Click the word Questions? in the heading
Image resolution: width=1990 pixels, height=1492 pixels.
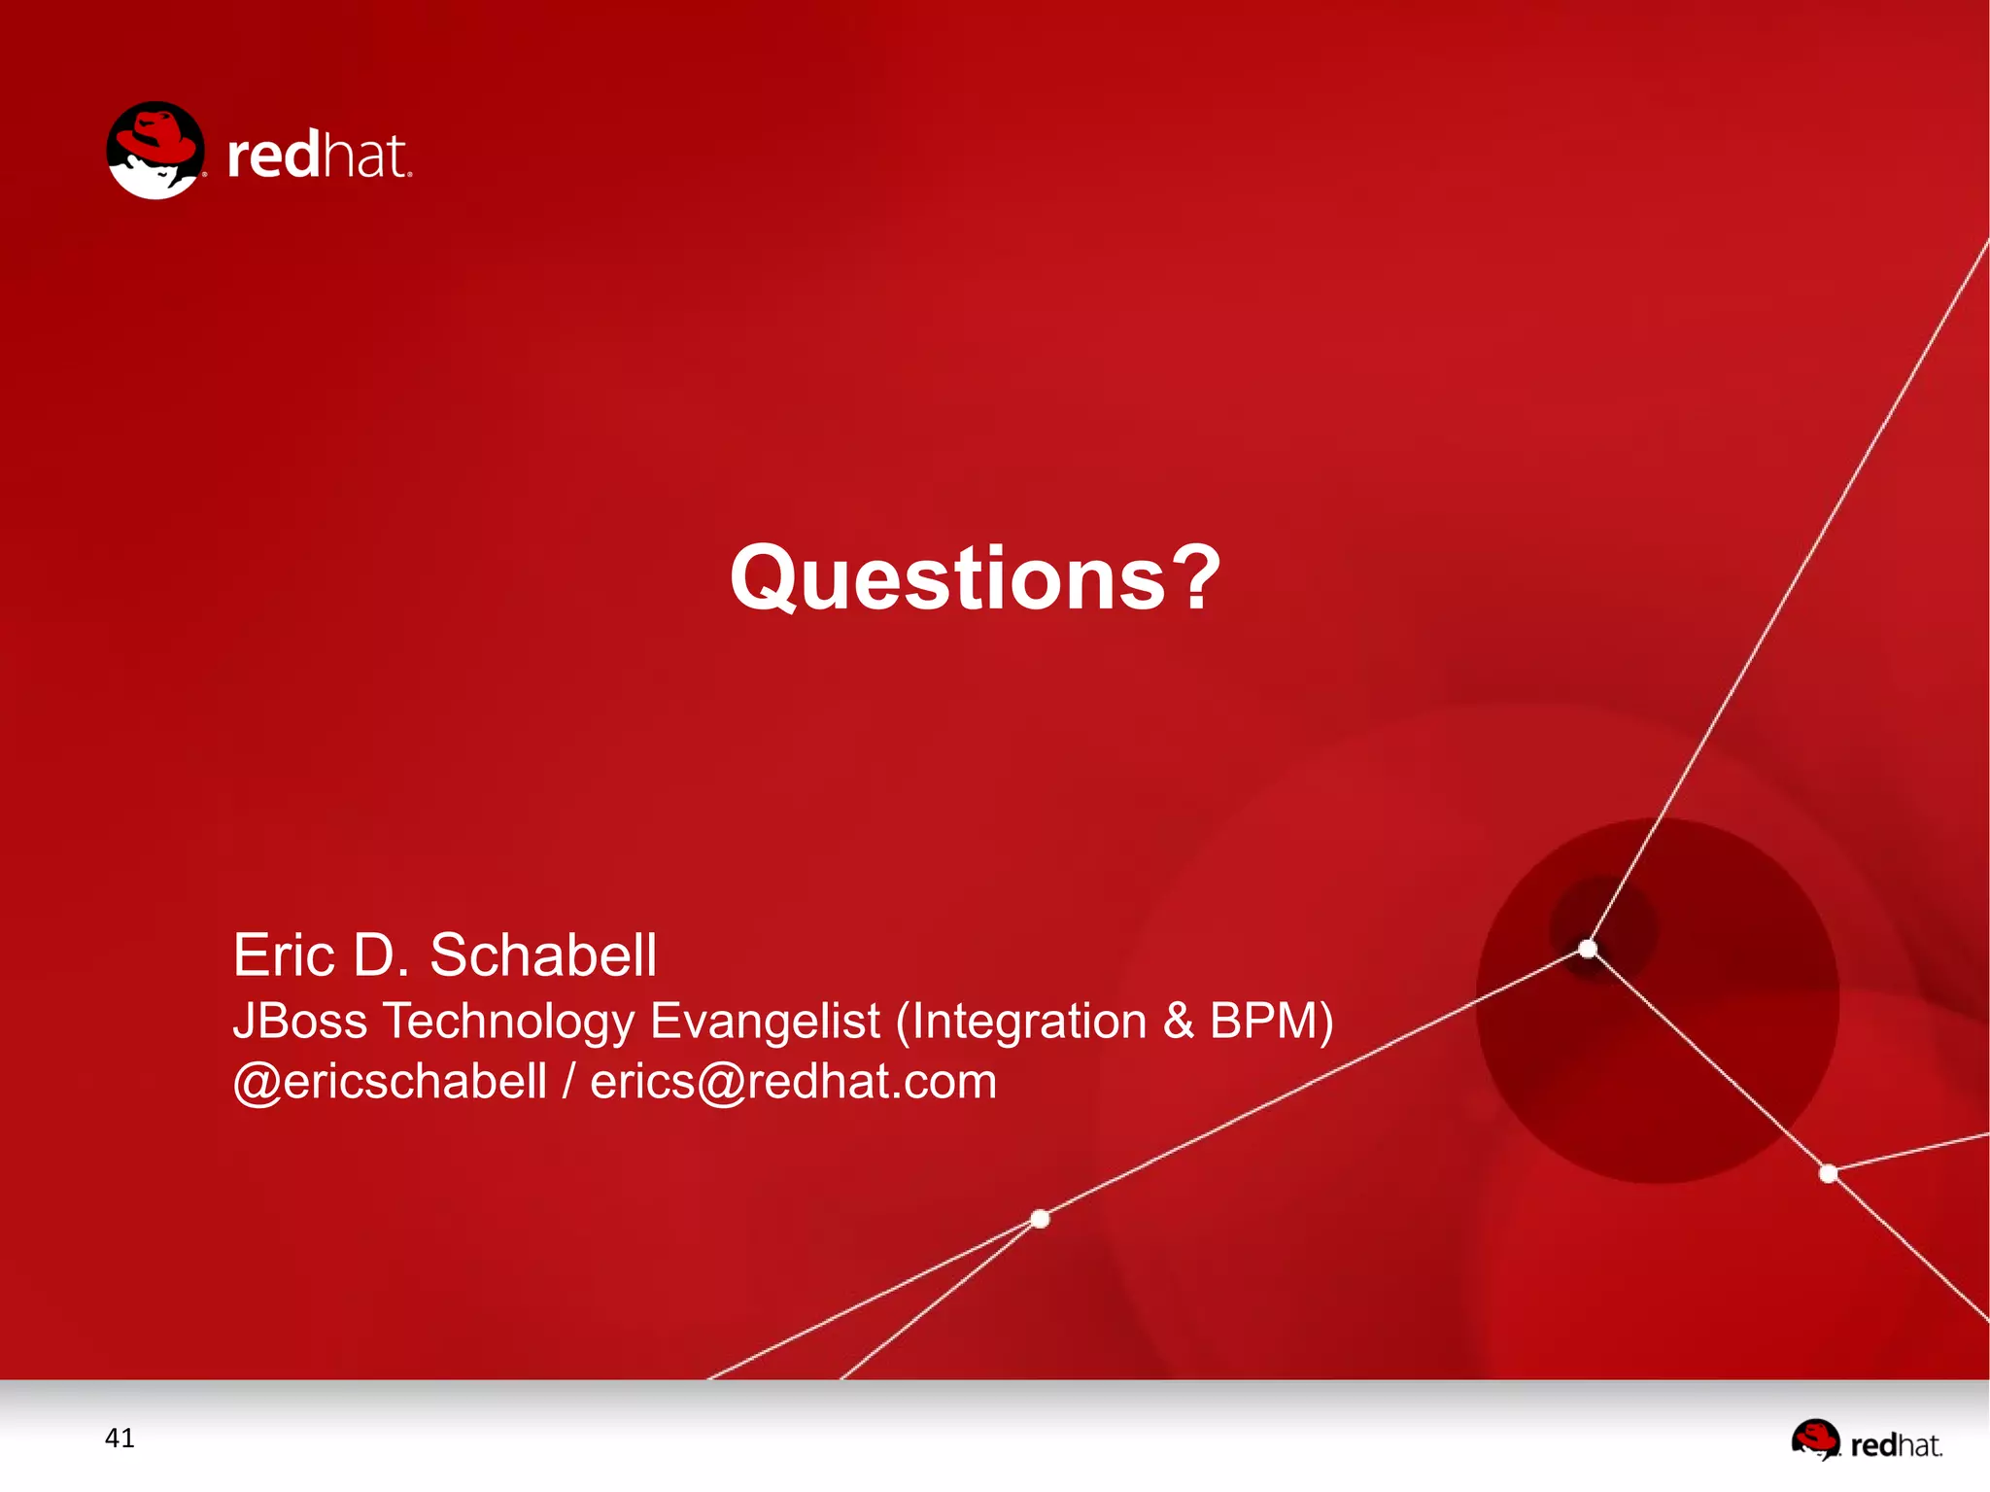point(975,579)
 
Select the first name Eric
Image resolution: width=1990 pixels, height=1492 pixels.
point(284,954)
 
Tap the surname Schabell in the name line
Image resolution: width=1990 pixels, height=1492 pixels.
point(543,954)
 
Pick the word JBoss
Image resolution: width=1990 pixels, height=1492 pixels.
point(300,1021)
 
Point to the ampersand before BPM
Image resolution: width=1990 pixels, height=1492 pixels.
point(1178,1021)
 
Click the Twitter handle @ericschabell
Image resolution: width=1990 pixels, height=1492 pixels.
point(390,1082)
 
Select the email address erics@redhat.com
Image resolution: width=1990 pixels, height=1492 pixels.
point(793,1082)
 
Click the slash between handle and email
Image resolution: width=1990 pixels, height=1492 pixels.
point(568,1082)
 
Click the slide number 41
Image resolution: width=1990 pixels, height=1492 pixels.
point(120,1438)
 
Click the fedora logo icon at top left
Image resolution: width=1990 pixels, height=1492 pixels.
point(155,151)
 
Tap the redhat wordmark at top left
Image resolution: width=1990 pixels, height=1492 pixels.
point(318,156)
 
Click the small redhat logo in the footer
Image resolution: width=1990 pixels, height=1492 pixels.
point(1866,1440)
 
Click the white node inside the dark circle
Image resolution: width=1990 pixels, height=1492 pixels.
point(1588,948)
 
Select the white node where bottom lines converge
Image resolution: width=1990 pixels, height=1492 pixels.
point(1040,1218)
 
